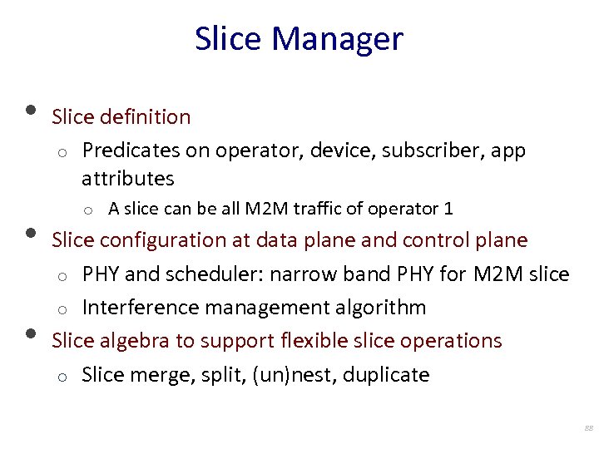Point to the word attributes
point(128,179)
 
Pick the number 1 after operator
point(448,209)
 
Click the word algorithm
point(381,308)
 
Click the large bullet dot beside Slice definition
point(31,111)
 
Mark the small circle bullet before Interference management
point(62,309)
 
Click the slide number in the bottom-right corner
point(588,428)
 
